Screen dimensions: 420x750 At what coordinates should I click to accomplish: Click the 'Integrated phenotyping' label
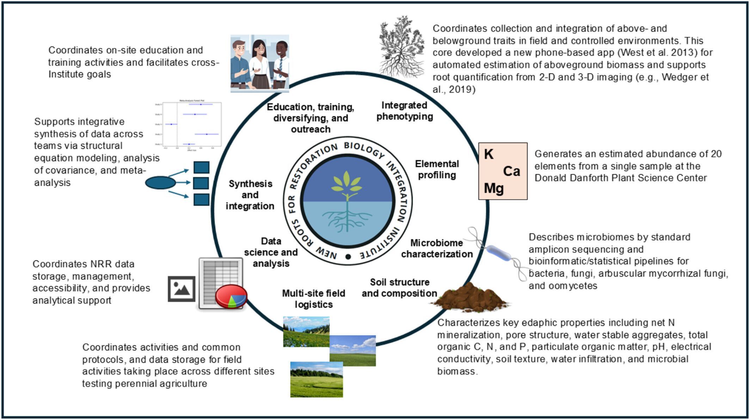coord(405,111)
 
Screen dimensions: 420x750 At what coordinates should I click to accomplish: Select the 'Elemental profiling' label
coord(437,169)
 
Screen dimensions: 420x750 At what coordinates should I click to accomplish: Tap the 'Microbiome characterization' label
coord(437,248)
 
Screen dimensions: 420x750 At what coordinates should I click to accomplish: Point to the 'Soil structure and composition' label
coord(399,288)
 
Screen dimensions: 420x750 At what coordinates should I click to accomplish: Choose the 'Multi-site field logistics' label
coord(313,299)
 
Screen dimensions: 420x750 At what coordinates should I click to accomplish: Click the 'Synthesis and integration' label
coord(250,195)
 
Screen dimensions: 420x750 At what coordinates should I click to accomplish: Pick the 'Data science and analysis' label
coord(271,252)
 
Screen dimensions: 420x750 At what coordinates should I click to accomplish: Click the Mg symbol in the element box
coord(494,189)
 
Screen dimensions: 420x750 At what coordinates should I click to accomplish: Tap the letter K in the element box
coord(489,154)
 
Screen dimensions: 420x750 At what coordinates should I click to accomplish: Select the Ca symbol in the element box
coord(511,172)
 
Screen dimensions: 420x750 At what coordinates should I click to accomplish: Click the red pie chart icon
coord(231,296)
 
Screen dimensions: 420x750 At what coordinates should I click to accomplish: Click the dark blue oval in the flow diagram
coord(160,183)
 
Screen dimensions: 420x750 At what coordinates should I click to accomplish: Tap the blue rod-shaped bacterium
coord(499,253)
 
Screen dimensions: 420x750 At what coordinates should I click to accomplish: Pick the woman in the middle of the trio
coord(260,63)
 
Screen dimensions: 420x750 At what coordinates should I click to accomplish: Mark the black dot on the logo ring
coord(348,257)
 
